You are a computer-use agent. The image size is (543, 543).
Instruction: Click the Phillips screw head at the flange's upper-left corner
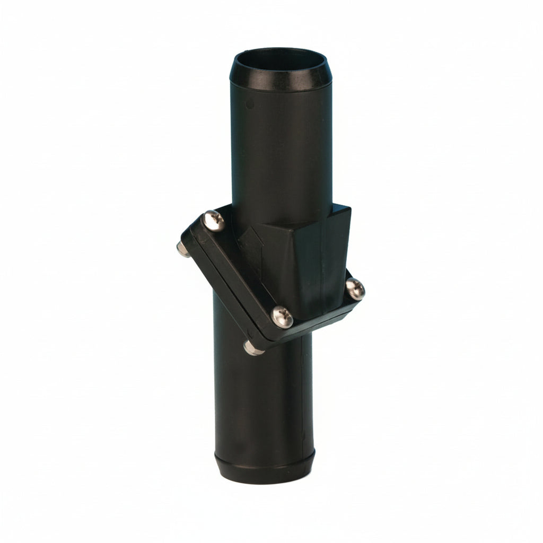pos(214,220)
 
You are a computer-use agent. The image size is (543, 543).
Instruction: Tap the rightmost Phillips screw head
pos(355,289)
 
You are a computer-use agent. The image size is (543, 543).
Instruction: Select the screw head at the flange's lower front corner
pos(282,317)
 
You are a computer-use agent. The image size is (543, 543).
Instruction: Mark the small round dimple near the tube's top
pos(250,105)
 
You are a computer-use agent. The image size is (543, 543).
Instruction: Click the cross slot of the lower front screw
pos(282,317)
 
